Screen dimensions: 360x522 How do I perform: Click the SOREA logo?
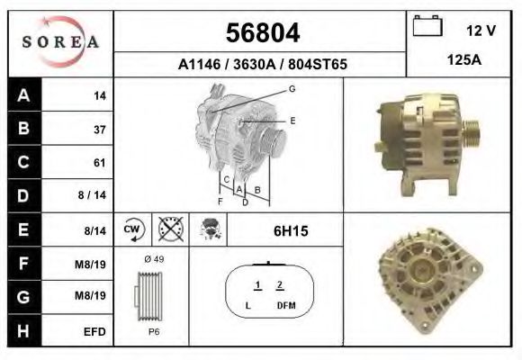pos(60,43)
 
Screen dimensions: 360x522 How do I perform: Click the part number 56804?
pos(261,33)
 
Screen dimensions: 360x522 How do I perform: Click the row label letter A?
pos(23,95)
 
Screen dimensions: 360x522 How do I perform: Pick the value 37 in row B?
pos(100,130)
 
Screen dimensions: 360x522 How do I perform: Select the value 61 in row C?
pos(100,163)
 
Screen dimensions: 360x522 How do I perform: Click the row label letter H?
pos(23,331)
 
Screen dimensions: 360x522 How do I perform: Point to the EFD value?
pos(95,331)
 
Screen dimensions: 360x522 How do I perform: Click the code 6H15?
pos(291,231)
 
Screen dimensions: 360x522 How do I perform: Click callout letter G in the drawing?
pos(292,88)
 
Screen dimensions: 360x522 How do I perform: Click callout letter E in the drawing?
pos(292,120)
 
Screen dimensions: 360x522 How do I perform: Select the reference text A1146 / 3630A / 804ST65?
pos(261,65)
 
